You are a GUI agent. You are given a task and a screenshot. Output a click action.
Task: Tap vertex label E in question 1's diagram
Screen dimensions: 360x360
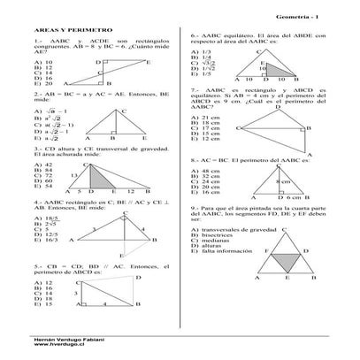(148, 63)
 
